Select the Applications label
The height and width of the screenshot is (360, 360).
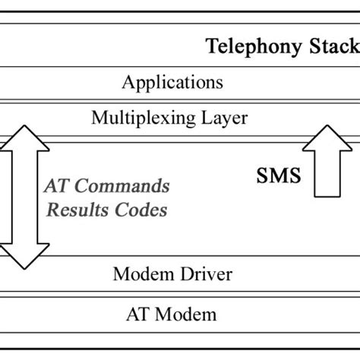[x=172, y=82]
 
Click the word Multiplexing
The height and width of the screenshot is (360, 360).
[x=142, y=118]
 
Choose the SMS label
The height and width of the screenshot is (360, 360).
[x=277, y=177]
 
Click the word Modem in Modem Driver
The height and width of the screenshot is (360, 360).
[x=141, y=274]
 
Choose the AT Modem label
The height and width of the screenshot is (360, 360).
[x=173, y=314]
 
